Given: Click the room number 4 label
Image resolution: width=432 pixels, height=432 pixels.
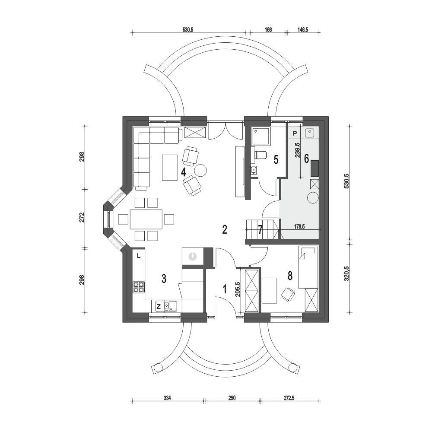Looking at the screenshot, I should click(184, 172).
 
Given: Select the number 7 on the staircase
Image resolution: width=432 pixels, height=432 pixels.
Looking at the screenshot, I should click(260, 229).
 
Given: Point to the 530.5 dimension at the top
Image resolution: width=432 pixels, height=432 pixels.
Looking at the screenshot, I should click(188, 30).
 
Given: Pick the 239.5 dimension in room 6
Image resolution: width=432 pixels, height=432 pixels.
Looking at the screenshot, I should click(296, 151).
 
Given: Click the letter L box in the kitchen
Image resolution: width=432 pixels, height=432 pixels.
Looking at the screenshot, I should click(138, 256).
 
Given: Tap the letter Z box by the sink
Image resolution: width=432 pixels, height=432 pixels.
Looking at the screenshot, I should click(159, 307).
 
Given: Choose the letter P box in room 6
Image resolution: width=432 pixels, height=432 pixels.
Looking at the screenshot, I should click(295, 133).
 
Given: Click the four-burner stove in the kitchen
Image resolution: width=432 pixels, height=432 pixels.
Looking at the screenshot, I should click(139, 287).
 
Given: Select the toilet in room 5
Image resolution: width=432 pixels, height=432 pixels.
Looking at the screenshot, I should click(260, 154).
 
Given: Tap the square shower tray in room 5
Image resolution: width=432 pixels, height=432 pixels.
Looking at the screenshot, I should click(261, 137).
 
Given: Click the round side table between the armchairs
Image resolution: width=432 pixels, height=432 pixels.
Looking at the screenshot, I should click(200, 170).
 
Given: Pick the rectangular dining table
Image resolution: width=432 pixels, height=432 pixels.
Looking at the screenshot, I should click(146, 219).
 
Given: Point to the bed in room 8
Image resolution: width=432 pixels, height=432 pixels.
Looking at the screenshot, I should click(308, 268).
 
